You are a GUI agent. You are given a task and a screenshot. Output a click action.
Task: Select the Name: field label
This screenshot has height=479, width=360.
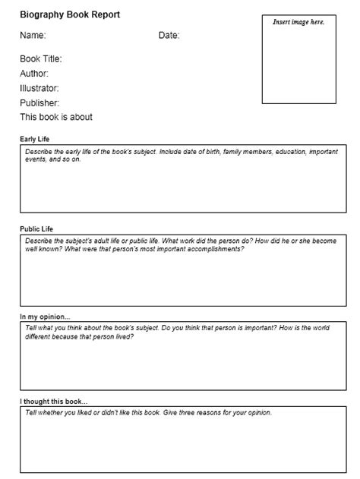(33, 35)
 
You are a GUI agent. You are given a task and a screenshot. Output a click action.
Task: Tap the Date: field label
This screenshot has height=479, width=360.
(169, 35)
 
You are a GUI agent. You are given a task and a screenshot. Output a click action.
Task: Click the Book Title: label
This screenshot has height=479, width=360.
(40, 58)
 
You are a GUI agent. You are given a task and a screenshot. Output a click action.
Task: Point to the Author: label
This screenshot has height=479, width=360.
(34, 74)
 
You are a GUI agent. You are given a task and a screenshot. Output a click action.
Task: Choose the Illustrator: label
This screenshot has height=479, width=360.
(39, 88)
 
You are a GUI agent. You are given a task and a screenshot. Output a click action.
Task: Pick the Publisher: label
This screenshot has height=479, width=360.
(39, 102)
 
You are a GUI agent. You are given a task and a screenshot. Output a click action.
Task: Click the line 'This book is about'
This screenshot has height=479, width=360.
(56, 117)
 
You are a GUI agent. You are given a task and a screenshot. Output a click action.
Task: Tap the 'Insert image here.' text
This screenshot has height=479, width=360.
(298, 22)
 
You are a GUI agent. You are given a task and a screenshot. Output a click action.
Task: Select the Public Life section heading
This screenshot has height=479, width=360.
(36, 228)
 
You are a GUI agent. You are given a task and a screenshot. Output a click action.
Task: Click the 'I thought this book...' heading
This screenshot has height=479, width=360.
(54, 401)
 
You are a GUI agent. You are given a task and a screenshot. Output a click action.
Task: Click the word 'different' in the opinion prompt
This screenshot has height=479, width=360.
(39, 336)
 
